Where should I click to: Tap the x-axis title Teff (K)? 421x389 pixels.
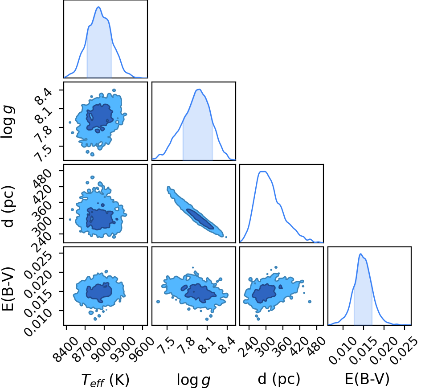click(x=105, y=380)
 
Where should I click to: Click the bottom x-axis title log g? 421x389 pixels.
click(x=193, y=380)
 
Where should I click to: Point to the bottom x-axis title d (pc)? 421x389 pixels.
click(x=279, y=379)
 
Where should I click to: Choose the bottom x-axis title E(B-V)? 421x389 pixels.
click(x=367, y=379)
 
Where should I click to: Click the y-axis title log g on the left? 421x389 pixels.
click(x=8, y=122)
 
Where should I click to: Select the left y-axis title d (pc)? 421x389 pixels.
click(x=8, y=206)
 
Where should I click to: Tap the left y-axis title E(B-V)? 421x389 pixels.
click(x=8, y=289)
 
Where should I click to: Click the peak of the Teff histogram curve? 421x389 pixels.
click(x=98, y=7)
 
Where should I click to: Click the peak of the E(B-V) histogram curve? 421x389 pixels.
click(x=360, y=254)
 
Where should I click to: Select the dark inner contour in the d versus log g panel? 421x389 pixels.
click(x=200, y=219)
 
